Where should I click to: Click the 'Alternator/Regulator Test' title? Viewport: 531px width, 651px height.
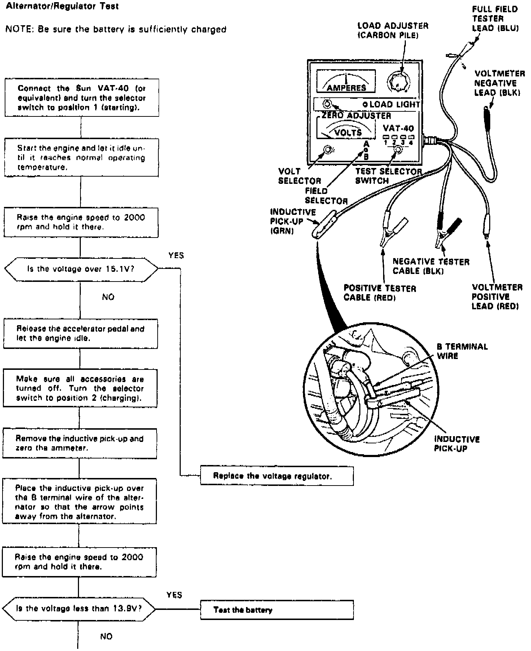coord(62,6)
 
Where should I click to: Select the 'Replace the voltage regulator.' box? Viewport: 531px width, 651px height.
coord(277,476)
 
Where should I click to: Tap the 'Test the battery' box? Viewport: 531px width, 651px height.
coord(277,610)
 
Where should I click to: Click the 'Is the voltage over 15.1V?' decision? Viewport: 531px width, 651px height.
coord(81,269)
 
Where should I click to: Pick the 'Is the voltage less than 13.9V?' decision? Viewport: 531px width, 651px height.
coord(79,608)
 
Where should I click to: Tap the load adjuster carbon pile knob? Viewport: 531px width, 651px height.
coord(398,83)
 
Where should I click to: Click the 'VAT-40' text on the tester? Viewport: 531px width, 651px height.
coord(398,128)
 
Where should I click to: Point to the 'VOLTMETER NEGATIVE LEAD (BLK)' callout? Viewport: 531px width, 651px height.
coord(499,83)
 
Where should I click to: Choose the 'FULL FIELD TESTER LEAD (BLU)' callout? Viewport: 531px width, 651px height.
coord(495,18)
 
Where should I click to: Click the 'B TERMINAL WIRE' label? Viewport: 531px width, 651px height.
coord(462,351)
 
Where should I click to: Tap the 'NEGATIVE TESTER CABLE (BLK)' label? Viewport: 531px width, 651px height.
coord(431,266)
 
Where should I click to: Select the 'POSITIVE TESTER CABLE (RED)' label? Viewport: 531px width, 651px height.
coord(379,293)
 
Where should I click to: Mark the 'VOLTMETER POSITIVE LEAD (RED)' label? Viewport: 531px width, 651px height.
coord(497,297)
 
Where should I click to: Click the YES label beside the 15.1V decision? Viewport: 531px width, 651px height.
coord(176,256)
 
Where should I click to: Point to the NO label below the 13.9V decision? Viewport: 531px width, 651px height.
coord(106,636)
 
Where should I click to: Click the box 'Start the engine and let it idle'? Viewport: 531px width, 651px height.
coord(81,158)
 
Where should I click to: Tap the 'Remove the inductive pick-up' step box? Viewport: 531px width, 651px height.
coord(79,443)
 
